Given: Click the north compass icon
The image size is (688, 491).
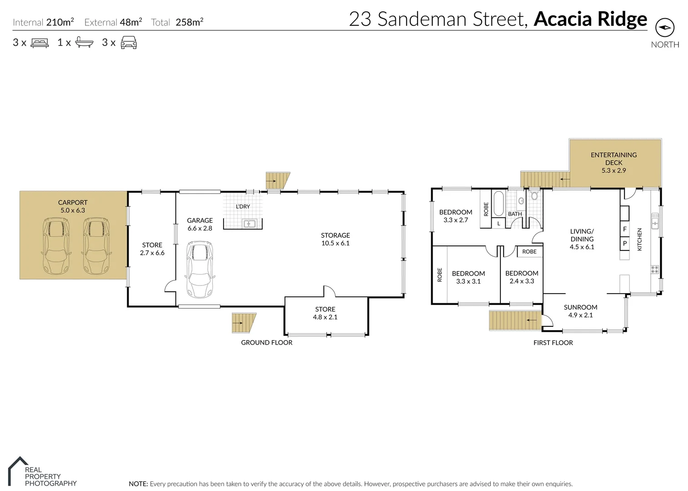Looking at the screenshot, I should click(664, 28).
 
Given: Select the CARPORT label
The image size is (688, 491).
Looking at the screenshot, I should click(73, 206).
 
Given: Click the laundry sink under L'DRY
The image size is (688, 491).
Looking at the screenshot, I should click(249, 224).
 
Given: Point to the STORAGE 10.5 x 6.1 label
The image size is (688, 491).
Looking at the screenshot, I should click(335, 239).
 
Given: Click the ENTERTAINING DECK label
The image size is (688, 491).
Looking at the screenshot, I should click(613, 162).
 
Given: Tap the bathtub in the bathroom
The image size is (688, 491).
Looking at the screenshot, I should click(499, 204).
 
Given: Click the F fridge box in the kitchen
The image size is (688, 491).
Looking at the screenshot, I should click(625, 229).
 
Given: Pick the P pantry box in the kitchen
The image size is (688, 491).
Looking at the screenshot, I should click(625, 243).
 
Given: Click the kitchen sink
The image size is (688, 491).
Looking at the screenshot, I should click(655, 221).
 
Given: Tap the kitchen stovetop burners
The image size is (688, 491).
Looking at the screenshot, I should click(655, 269).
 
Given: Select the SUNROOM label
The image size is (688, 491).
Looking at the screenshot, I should click(580, 311).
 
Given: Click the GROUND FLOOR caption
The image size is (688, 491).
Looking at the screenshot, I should click(266, 342).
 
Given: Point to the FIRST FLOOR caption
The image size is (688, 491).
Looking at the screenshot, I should click(553, 342).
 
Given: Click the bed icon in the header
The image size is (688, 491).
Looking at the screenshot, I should click(40, 43).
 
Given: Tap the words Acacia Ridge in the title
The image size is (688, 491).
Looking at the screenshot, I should click(590, 19).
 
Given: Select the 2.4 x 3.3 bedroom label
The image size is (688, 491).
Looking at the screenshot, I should click(522, 277).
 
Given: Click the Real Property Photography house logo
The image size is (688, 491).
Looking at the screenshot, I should click(18, 471).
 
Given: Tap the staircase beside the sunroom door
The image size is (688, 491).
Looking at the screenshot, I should click(515, 321).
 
